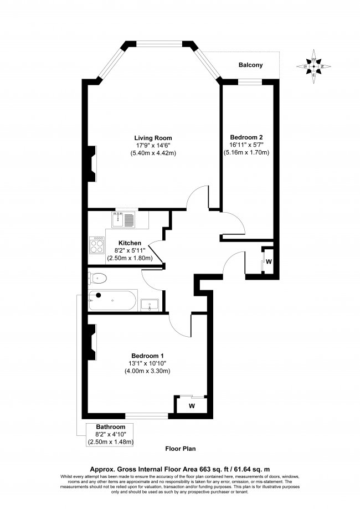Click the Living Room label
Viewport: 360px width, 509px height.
[x=153, y=138]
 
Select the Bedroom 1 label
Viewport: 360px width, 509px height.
[x=147, y=356]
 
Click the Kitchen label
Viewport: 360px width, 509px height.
[x=130, y=243]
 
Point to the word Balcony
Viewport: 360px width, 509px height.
[x=250, y=65]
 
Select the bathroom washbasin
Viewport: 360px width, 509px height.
[x=150, y=304]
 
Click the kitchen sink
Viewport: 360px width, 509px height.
[x=124, y=220]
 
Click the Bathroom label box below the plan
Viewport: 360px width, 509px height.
[x=110, y=434]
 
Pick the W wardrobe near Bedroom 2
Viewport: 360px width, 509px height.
[x=268, y=261]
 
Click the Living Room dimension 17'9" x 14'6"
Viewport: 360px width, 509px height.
[x=153, y=145]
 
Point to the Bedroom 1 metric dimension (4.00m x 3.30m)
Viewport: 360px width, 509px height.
[x=147, y=371]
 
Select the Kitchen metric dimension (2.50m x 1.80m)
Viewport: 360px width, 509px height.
[x=130, y=258]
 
